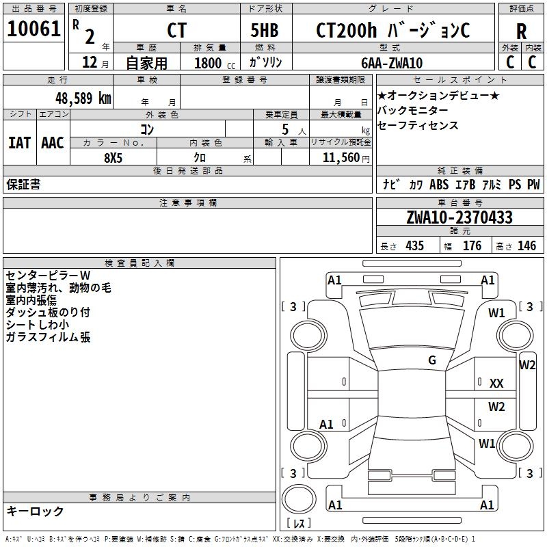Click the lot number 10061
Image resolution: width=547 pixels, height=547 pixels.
[34, 29]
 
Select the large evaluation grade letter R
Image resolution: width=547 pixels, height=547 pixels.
[521, 31]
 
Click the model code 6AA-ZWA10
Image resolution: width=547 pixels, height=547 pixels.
[392, 63]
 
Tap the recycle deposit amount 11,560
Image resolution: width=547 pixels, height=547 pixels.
[340, 158]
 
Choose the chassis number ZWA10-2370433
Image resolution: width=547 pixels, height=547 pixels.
[459, 217]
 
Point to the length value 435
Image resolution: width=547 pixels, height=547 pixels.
[414, 246]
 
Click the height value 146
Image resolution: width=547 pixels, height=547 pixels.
[526, 246]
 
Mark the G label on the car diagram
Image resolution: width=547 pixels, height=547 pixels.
[432, 360]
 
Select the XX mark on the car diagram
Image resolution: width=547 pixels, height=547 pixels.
[496, 384]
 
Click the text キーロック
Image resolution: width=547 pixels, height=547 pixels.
[35, 511]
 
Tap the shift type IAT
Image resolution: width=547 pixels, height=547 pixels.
[19, 143]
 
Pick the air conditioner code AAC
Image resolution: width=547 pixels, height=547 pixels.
[53, 143]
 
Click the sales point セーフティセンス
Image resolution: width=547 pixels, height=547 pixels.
[418, 126]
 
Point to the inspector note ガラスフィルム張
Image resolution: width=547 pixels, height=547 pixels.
[48, 337]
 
